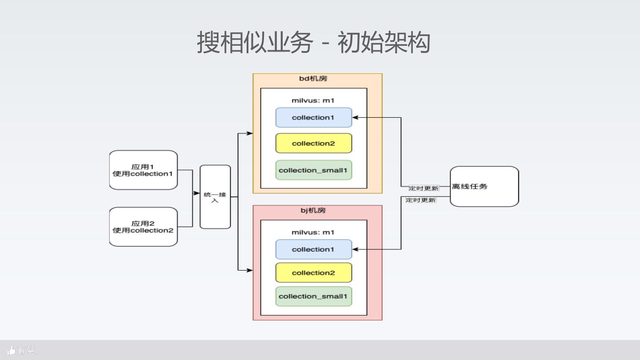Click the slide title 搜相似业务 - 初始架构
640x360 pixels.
[313, 42]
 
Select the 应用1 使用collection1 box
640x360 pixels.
[144, 170]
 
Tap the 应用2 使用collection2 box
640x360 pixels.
[144, 227]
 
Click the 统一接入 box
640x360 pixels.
[215, 197]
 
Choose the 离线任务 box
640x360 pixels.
[484, 187]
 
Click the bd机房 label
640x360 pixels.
[313, 79]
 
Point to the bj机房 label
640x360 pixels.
[313, 211]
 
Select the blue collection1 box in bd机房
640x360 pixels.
[314, 117]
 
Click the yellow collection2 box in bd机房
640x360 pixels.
[314, 143]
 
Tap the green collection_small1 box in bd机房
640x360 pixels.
[314, 170]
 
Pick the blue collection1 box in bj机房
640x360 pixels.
[314, 249]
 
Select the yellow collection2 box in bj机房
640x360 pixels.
[314, 272]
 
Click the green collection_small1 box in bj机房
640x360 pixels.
[314, 296]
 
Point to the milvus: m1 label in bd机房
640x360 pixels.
[313, 100]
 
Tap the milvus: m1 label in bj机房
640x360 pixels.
[313, 232]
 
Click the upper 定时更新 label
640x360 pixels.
[424, 188]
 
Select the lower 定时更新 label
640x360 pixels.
[421, 200]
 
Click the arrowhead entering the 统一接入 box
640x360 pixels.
[196, 193]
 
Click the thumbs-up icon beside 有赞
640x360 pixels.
[11, 350]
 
